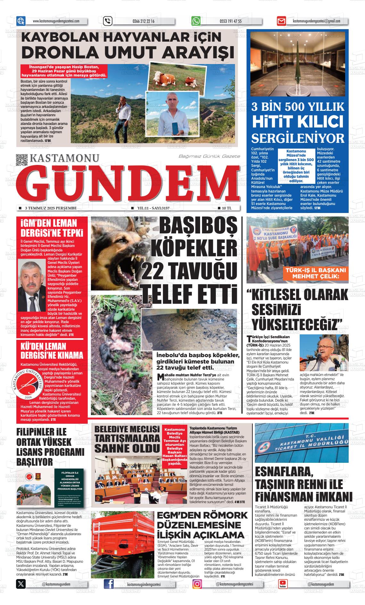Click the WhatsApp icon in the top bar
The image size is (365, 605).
[x=196, y=21]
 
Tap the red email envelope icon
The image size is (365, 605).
[x=281, y=21]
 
